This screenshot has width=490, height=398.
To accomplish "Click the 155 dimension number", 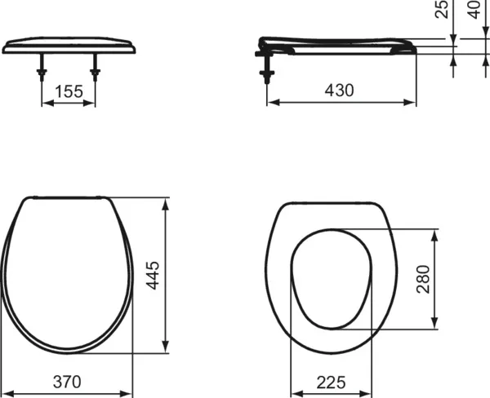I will click(x=69, y=91).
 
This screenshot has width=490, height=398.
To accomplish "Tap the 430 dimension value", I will click(x=338, y=91).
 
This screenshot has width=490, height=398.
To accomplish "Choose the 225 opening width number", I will click(x=328, y=382).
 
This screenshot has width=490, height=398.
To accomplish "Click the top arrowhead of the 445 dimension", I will click(x=167, y=201).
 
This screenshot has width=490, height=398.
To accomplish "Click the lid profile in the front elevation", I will click(x=69, y=45).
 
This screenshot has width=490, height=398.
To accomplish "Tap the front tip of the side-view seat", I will click(x=413, y=46).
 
